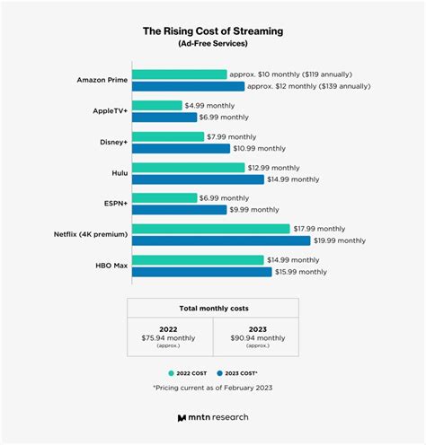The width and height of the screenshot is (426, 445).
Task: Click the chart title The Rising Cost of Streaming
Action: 212,31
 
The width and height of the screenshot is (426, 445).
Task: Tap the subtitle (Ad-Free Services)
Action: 212,44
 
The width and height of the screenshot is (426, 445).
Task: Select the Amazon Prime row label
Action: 102,80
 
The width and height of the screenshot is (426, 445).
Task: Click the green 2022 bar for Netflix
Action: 210,229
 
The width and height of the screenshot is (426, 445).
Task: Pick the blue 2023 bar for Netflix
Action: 220,240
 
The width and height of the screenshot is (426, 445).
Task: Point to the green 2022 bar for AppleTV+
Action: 156,105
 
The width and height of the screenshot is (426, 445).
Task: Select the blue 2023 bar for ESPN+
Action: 179,210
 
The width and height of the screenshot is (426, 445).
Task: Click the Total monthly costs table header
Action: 213,308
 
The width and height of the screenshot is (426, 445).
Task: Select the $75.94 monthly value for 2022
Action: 169,337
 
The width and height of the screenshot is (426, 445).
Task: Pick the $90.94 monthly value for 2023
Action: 257,337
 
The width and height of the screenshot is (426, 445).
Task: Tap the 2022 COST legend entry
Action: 191,371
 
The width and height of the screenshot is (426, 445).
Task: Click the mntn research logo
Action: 213,417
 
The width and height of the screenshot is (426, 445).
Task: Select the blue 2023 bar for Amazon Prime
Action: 188,86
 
